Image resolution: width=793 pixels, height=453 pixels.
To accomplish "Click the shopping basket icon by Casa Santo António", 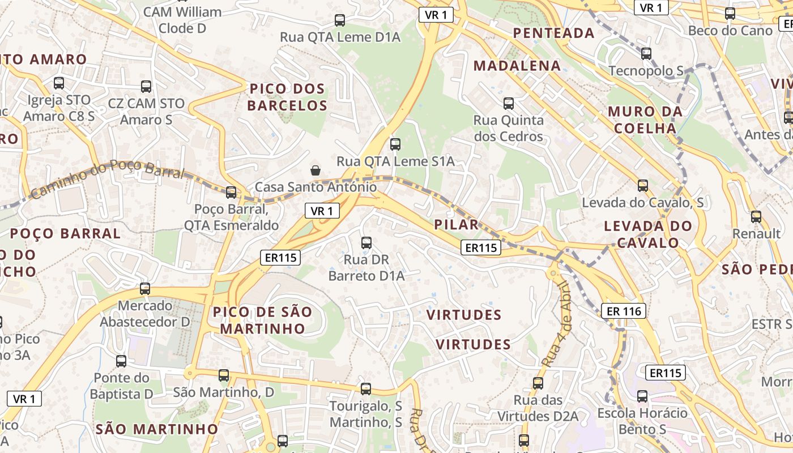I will pos(316,170).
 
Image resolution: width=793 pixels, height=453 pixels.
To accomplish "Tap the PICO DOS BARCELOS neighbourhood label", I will pos(287,97).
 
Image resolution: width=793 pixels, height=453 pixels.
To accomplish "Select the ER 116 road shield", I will pos(624,311).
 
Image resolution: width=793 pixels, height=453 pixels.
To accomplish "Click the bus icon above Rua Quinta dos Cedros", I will pos(509,104).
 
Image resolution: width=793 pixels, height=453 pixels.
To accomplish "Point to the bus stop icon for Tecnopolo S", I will pos(646,54).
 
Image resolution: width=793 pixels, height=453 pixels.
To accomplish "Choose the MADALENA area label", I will pos(517,66).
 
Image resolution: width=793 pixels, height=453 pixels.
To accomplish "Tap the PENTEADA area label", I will pos(553,33).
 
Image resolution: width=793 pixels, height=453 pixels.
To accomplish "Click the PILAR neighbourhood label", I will pos(457,224).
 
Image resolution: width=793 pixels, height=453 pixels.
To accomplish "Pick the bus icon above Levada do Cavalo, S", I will pos(643,186).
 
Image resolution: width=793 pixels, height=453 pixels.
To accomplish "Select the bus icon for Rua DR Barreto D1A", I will pos(366,243).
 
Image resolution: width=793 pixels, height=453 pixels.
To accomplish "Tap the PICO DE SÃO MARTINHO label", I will pos(262,320).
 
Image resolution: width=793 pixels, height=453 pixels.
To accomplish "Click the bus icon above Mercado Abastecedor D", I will pos(145,289).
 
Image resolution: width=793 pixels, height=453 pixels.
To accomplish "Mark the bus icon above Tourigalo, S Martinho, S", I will pos(366,389).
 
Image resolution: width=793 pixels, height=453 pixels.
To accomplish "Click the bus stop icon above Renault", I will pos(756,217).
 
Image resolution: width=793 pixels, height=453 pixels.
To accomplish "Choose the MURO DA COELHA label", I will pos(645,119).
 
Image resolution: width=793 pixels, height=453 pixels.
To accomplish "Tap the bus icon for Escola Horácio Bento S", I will pos(642,396).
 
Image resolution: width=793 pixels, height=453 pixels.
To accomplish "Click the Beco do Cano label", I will pos(730,31).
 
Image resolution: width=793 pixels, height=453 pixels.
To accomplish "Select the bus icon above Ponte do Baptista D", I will pos(121,361).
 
